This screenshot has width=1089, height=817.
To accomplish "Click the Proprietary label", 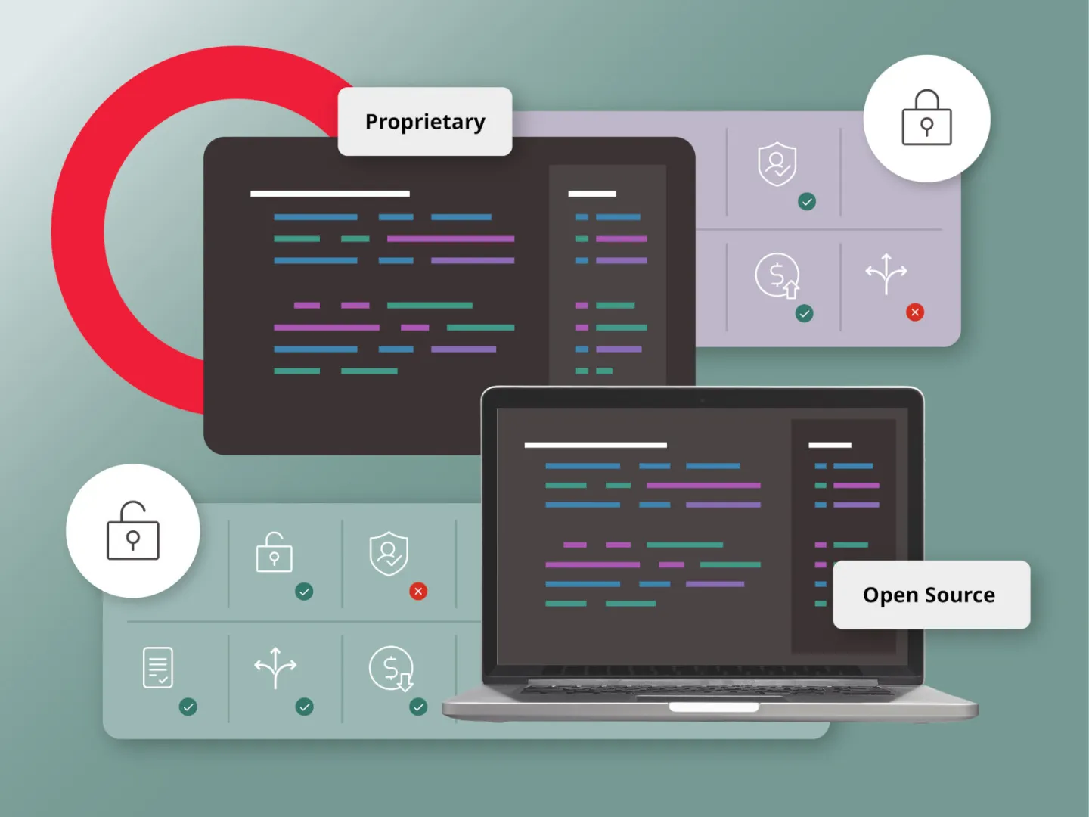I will coord(425,122).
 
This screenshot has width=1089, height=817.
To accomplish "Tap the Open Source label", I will coord(930,595).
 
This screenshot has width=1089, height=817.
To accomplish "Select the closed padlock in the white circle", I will coord(926,118).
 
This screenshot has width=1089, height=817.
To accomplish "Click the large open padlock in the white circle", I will coord(133,531).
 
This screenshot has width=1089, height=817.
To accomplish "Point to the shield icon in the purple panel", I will coord(777,163).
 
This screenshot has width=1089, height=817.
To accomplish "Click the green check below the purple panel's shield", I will coord(807,201).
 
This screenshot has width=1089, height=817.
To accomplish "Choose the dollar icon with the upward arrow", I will coord(777,276).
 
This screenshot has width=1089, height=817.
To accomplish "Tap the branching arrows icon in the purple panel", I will coord(886,273).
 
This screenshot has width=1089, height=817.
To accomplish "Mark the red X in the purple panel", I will coord(915,312).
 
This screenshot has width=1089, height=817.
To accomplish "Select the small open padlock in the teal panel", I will coord(274,552).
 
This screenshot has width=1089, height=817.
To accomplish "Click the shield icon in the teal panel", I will coord(389,554).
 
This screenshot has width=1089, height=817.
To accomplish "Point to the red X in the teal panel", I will coord(418,592).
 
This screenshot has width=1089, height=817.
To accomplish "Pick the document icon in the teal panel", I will coord(158,667).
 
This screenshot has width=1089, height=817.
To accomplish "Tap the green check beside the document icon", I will coord(188,707).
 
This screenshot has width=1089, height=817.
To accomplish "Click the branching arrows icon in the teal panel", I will coord(275,667).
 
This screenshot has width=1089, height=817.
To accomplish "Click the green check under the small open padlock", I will coord(304,592).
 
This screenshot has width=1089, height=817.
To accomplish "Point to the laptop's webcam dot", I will coord(702,400).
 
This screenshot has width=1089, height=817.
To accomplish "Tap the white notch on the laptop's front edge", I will coord(713,707).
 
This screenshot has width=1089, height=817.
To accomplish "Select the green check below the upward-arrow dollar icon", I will coord(805,313).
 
